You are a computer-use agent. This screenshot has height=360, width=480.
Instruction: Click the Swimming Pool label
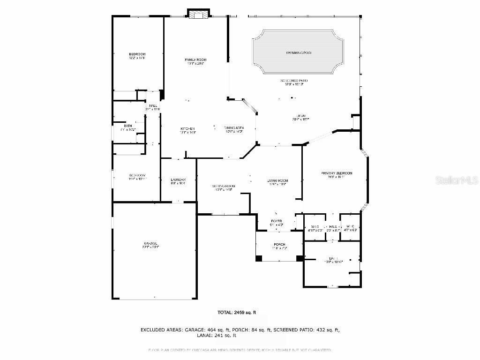[x=299, y=53]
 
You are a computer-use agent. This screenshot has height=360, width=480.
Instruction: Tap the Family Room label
[x=195, y=60]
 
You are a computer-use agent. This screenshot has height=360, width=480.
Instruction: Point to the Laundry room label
[x=178, y=180]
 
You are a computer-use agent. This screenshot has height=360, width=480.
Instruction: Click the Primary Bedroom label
[x=336, y=173]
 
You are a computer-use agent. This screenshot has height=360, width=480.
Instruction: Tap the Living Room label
[x=277, y=181]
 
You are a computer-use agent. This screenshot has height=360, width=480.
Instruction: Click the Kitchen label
[x=187, y=129]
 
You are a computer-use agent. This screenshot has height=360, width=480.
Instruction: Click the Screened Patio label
[x=296, y=81]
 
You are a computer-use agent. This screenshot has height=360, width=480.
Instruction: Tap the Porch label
[x=279, y=245]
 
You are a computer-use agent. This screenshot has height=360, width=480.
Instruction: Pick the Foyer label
[x=277, y=221]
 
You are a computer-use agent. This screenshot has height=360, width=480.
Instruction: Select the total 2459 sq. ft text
[x=236, y=312]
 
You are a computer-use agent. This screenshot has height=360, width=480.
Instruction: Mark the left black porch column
[x=259, y=258]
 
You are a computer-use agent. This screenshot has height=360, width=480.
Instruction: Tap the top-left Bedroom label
[x=137, y=54]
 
